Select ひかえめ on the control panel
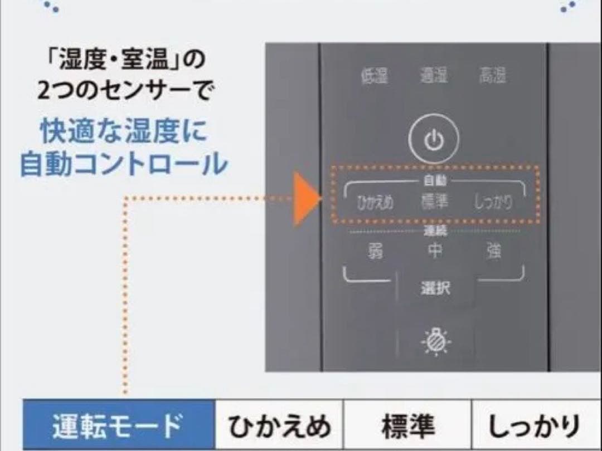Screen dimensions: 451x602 point(375,203)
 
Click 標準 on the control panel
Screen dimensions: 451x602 point(434,203)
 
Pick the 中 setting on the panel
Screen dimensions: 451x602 point(434,252)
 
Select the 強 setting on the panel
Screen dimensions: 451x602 point(493,252)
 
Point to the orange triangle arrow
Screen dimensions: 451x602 point(306,198)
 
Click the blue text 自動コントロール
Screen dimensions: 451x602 point(124,164)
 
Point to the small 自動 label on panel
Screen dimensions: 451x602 point(435,181)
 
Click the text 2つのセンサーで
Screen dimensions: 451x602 point(124,91)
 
